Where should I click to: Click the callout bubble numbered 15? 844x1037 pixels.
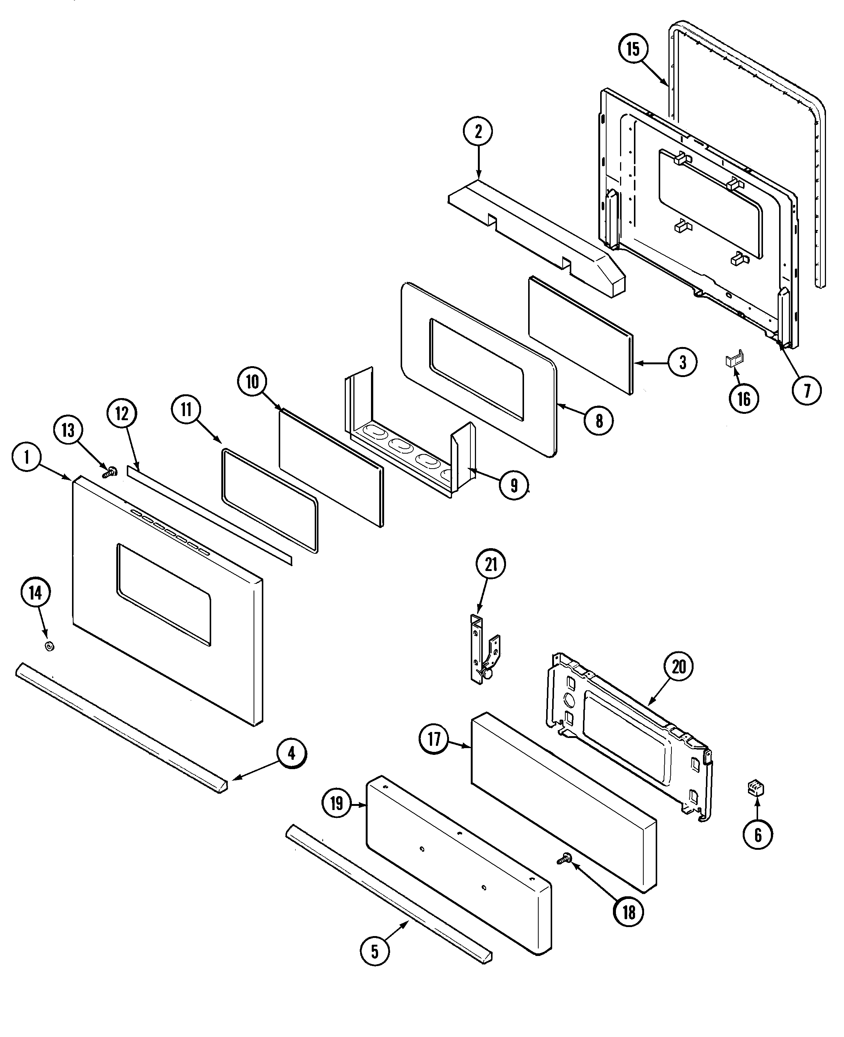tap(633, 49)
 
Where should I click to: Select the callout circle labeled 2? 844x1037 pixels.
tap(478, 131)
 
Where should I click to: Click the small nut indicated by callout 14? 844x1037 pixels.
tap(49, 646)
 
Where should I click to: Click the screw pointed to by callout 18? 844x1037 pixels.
tap(565, 860)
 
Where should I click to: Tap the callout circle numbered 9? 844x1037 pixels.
tap(514, 485)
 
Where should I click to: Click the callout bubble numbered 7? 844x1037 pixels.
tap(806, 390)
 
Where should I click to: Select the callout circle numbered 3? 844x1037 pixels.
tap(683, 362)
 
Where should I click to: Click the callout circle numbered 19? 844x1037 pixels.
tap(337, 804)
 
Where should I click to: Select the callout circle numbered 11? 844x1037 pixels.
tap(186, 409)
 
